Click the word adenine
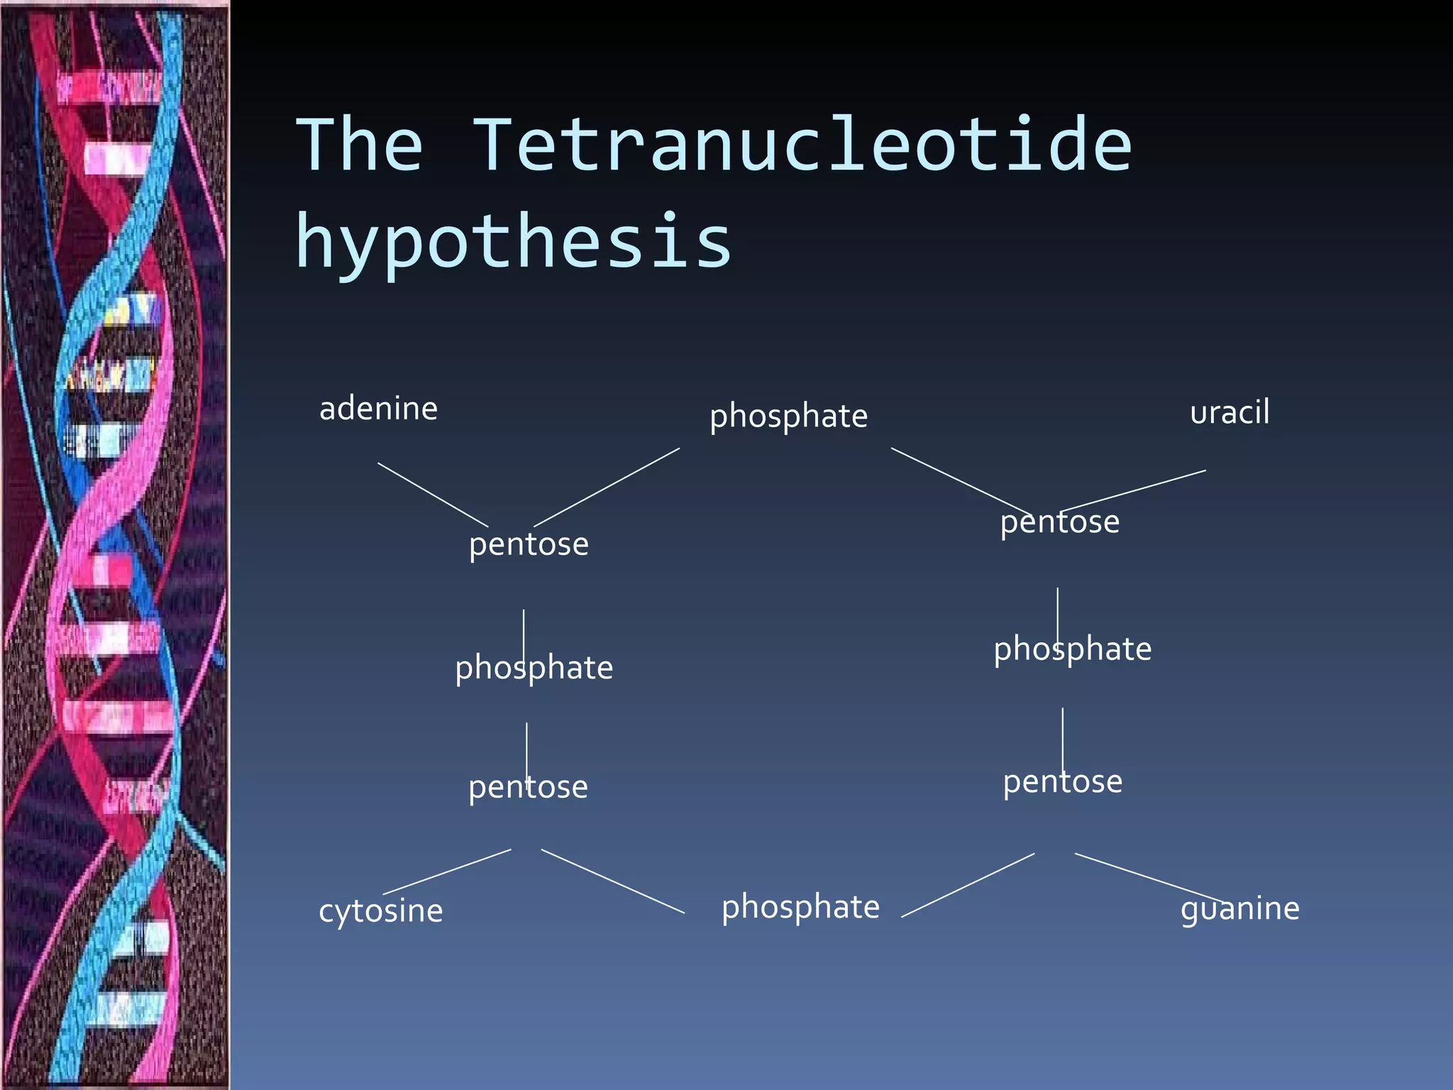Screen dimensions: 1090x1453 378,409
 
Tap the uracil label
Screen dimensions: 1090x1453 1230,412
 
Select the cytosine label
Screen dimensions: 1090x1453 380,910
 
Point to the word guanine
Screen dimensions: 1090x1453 1239,908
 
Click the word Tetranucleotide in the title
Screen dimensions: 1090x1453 802,145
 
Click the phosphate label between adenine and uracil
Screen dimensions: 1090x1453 788,416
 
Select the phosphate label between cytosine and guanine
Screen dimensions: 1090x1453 800,908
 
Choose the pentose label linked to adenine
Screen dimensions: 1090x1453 529,545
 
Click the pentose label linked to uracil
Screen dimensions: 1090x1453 1059,522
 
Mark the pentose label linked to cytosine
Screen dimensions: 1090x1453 528,787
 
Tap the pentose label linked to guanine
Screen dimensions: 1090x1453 1062,782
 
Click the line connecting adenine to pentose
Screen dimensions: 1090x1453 433,495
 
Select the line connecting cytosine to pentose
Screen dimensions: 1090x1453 447,871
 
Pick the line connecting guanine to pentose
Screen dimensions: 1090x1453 1149,878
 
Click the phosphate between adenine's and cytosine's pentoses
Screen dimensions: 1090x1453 534,668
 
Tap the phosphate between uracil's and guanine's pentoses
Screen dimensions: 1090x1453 1072,649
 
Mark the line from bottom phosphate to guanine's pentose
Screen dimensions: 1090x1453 968,885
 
